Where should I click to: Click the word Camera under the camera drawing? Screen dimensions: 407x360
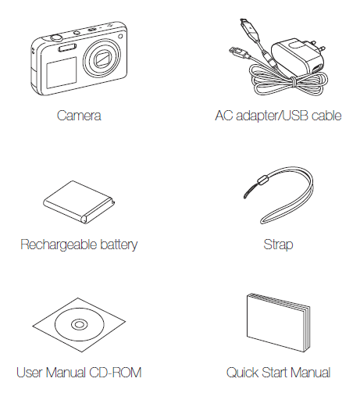pyautogui.click(x=79, y=116)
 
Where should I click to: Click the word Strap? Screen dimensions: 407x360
pyautogui.click(x=278, y=245)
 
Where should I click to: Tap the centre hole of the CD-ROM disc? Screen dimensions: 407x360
pyautogui.click(x=79, y=324)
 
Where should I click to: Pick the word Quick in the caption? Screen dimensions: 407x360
pyautogui.click(x=242, y=373)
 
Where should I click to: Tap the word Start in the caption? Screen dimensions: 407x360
pyautogui.click(x=276, y=373)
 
